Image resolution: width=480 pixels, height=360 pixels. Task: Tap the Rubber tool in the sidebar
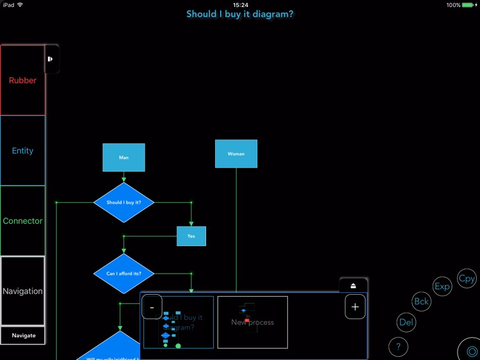[x=23, y=81]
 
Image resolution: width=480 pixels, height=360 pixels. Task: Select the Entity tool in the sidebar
[x=23, y=151]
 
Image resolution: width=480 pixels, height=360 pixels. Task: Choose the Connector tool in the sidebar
[x=23, y=221]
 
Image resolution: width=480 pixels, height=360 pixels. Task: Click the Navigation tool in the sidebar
[x=23, y=292]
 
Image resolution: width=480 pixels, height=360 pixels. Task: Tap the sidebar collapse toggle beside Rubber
[x=51, y=59]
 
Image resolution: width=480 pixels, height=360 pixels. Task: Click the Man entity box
[x=124, y=157]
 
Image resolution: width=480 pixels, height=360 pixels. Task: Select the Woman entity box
[x=236, y=154]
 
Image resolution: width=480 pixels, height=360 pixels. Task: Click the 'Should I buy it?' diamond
[x=124, y=203]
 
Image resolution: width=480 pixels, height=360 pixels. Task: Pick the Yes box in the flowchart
[x=191, y=236]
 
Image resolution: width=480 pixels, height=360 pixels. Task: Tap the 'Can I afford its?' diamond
[x=124, y=274]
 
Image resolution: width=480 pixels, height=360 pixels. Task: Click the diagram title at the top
[x=240, y=13]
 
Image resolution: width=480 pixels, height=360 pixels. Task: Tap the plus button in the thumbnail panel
[x=355, y=307]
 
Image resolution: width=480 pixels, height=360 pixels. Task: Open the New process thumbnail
[x=253, y=322]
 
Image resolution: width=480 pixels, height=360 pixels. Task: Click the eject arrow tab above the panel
[x=353, y=285]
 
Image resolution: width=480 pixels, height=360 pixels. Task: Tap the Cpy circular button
[x=467, y=279]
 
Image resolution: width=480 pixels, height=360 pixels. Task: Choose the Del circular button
[x=406, y=322]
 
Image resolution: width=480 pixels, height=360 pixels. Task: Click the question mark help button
[x=398, y=347]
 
